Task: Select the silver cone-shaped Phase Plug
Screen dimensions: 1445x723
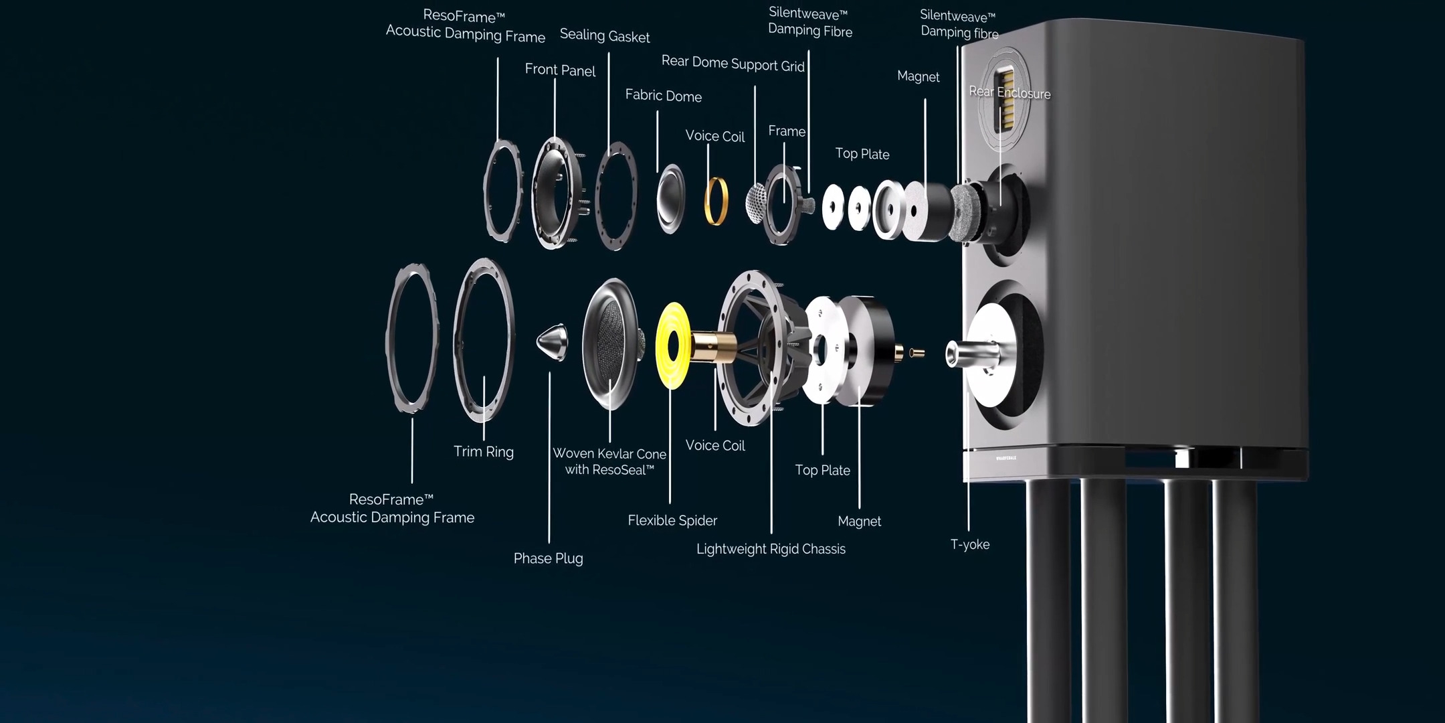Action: [553, 341]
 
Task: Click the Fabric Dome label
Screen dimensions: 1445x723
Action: [663, 96]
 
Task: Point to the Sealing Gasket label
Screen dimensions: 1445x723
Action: [605, 36]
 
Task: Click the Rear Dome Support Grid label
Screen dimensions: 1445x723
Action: [733, 64]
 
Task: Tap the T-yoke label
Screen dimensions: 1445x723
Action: [970, 544]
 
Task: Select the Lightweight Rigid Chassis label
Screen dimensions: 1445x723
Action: [771, 549]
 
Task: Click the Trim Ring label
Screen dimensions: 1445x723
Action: [484, 452]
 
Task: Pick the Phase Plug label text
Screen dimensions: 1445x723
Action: [548, 558]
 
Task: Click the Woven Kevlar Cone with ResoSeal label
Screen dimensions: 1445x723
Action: [609, 462]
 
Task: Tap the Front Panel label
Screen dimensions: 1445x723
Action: [560, 70]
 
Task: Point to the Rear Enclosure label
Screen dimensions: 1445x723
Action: [1009, 92]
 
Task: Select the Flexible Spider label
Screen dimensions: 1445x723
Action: [672, 520]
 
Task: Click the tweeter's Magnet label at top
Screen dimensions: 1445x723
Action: [918, 76]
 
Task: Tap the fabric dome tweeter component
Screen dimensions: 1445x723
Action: [671, 198]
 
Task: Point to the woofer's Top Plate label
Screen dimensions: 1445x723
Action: [822, 470]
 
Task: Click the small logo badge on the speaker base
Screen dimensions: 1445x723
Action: [1005, 458]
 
